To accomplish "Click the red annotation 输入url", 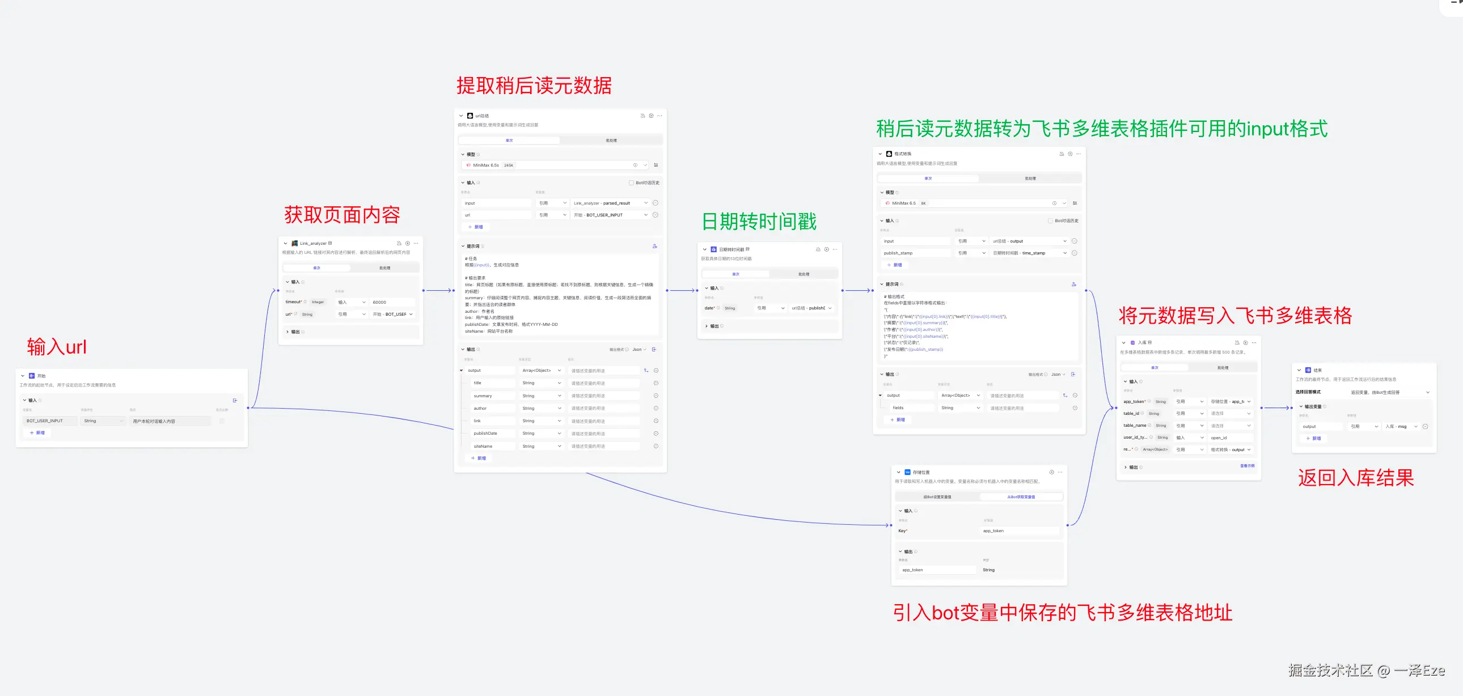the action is coord(57,346).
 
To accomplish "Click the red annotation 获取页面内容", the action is coord(342,215).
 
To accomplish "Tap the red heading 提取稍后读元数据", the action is coord(534,86).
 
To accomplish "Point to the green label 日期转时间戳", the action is coord(759,222).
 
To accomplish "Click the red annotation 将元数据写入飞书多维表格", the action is coord(1234,315).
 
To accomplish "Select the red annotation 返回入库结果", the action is coord(1356,478).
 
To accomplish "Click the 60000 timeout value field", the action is coord(392,302).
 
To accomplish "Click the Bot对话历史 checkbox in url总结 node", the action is coord(631,183).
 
